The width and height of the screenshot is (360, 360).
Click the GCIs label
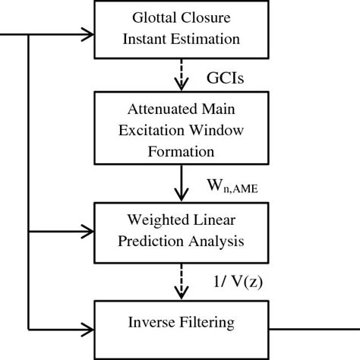point(226,77)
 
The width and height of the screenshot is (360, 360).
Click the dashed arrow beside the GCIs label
point(180,75)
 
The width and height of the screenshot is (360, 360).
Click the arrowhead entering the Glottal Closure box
point(85,33)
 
